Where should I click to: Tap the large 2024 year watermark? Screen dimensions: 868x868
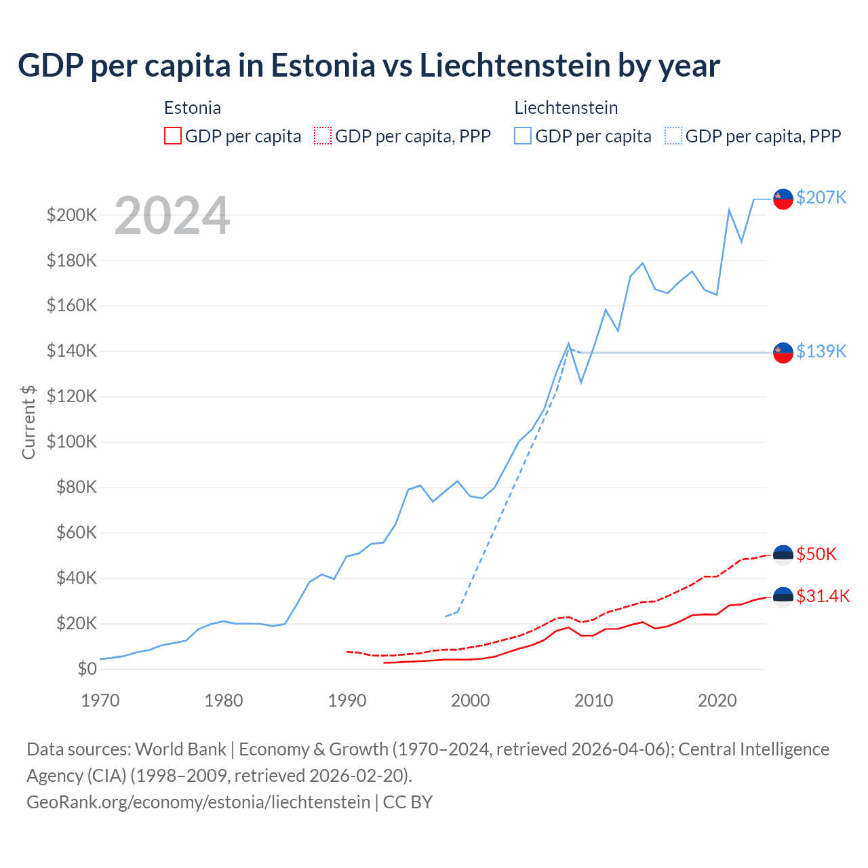click(x=172, y=216)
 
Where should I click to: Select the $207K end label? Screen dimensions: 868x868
click(x=821, y=197)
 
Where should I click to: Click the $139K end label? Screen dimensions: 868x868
click(x=821, y=351)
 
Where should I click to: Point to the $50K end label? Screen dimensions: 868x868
click(x=816, y=554)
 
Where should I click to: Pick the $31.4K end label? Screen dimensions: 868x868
click(x=823, y=596)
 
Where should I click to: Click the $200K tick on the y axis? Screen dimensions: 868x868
click(x=72, y=216)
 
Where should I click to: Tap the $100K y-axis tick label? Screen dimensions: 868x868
click(x=72, y=442)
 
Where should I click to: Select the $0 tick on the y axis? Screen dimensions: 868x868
click(x=87, y=669)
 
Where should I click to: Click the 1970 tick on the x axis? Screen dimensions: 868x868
click(x=100, y=701)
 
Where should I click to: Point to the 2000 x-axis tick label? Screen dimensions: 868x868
click(x=471, y=701)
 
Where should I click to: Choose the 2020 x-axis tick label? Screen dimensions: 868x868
click(x=717, y=701)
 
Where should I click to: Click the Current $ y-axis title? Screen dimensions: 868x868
click(x=28, y=422)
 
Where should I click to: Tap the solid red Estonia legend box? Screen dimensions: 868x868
click(x=173, y=136)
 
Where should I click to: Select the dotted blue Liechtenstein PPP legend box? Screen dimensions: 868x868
click(x=673, y=136)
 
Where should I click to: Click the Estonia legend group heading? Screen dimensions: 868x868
click(x=193, y=108)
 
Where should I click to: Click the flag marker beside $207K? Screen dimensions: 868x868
click(x=783, y=199)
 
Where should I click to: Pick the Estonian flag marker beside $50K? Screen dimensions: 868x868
click(x=783, y=555)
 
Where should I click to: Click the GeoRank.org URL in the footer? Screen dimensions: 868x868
click(x=198, y=802)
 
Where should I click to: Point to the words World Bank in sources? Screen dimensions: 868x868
click(x=180, y=749)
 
